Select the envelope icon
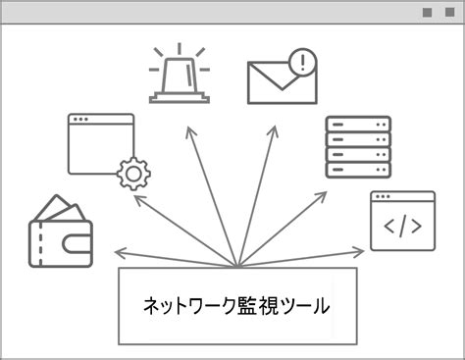pyautogui.click(x=282, y=78)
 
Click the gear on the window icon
pyautogui.click(x=132, y=175)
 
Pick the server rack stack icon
pyautogui.click(x=357, y=146)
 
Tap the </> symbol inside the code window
pyautogui.click(x=402, y=228)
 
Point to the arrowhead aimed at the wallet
pyautogui.click(x=119, y=250)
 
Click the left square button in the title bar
pyautogui.click(x=426, y=13)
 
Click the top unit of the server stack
pyautogui.click(x=357, y=126)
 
